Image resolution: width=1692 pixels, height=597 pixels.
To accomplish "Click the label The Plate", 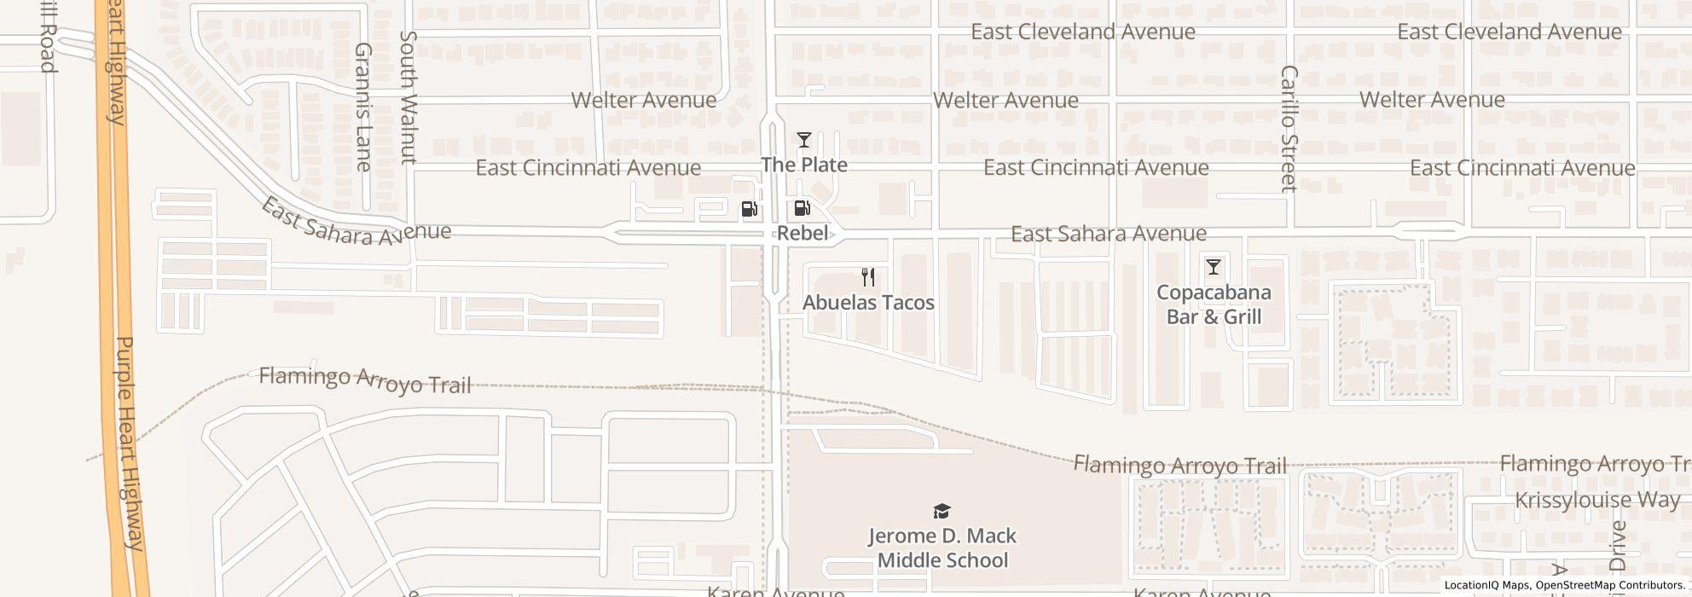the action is (804, 165).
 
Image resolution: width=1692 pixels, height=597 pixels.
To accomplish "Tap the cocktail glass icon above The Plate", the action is (803, 140).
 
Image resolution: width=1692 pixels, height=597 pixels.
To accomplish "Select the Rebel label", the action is (803, 233).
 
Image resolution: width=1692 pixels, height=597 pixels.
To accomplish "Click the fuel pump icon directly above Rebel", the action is (803, 208).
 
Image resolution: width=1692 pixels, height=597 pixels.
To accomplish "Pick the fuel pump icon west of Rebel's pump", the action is (749, 209).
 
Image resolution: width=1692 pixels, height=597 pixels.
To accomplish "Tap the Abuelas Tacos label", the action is (868, 303).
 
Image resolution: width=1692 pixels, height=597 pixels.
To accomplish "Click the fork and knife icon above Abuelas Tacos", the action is (868, 277).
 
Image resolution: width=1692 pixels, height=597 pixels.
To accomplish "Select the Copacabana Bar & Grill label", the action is (1214, 304).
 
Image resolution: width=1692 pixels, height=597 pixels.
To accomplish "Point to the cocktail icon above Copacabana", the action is (1214, 267).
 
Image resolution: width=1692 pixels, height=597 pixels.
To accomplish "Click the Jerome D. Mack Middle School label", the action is (942, 548).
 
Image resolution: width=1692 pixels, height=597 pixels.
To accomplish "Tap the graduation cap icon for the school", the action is (942, 511).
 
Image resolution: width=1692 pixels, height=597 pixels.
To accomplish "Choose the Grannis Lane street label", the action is (364, 107).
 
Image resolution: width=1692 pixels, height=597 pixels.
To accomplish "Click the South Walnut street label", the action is (409, 97).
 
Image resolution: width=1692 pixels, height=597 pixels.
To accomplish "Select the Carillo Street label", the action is (1289, 128).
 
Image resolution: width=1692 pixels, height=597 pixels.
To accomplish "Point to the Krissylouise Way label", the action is (1597, 500).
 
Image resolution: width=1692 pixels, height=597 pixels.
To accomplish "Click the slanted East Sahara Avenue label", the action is (356, 224).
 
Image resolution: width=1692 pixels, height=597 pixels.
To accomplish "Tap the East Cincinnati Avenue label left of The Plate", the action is (588, 167).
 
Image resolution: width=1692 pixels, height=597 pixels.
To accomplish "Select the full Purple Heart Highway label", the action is (129, 443).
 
